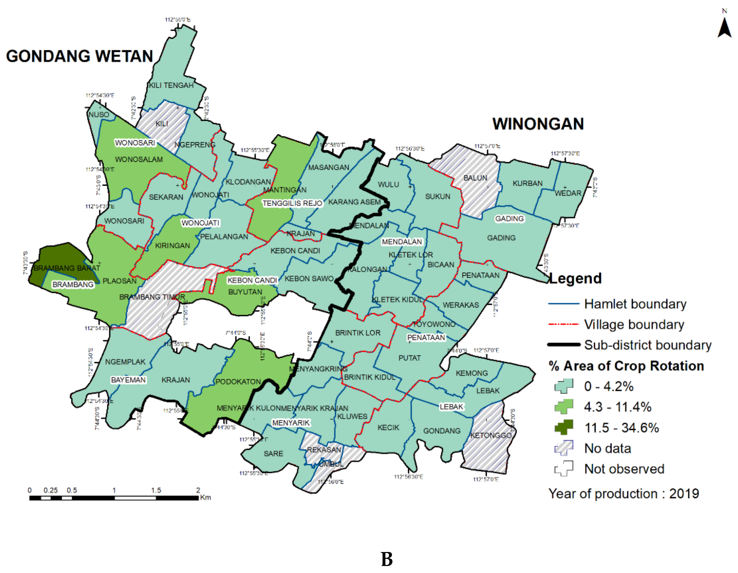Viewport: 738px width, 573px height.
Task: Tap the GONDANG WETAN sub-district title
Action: [x=79, y=56]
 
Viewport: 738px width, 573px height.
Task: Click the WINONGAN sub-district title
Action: [x=538, y=124]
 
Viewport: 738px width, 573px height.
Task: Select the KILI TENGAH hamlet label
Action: [x=171, y=86]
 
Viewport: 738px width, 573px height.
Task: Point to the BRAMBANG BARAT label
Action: [x=67, y=268]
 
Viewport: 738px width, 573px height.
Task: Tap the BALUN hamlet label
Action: [x=475, y=178]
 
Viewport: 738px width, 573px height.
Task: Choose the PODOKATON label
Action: [x=238, y=382]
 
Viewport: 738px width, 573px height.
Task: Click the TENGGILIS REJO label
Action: [x=292, y=203]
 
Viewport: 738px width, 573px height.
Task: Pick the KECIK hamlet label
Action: [x=388, y=428]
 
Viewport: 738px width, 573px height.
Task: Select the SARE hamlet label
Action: [x=273, y=453]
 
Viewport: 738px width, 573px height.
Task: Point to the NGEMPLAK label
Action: [x=125, y=362]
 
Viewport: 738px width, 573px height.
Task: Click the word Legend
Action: [x=575, y=278]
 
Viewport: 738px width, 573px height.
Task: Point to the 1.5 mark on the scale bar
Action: [x=156, y=490]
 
